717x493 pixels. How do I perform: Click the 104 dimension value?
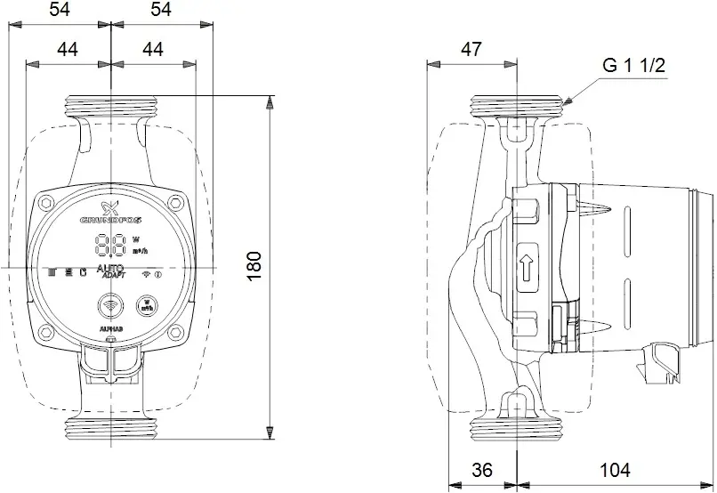pos(616,469)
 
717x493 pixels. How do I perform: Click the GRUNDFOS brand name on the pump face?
pos(110,218)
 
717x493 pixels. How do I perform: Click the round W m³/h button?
pos(143,306)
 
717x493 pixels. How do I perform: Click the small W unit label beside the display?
pos(136,239)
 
